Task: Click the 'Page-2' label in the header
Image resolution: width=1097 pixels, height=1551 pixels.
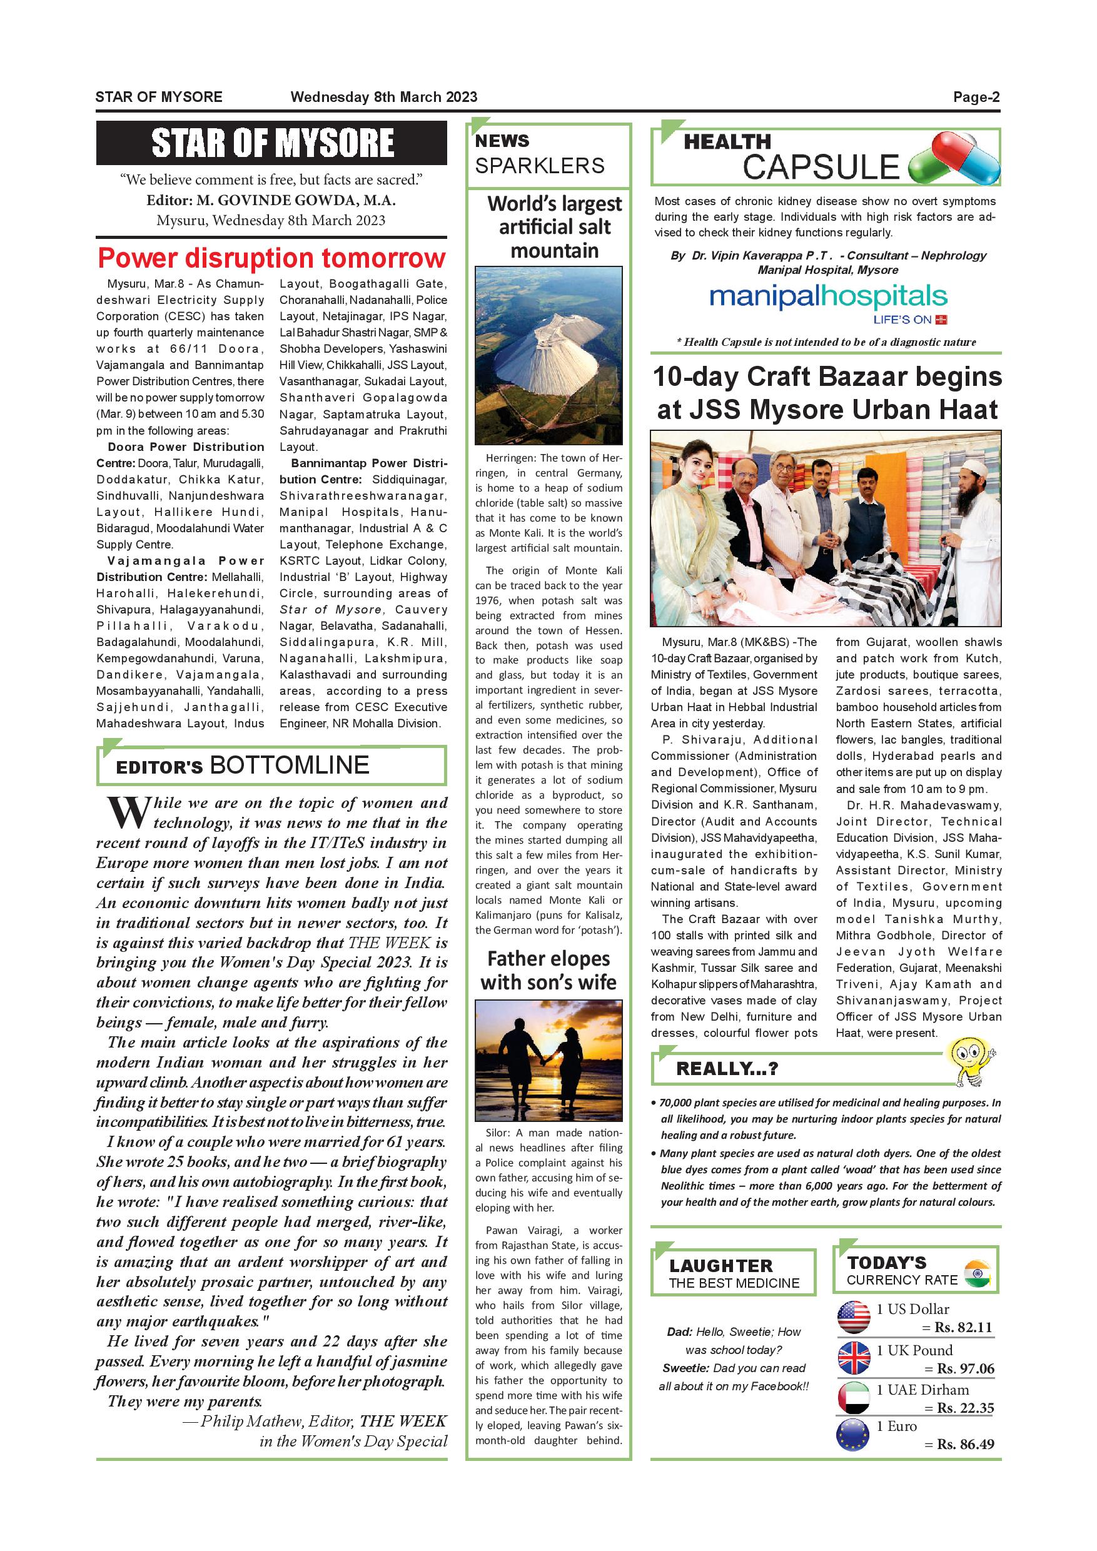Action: (976, 96)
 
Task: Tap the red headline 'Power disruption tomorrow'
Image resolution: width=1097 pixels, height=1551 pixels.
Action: (271, 259)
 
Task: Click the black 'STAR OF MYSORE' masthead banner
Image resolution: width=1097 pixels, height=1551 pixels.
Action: (271, 143)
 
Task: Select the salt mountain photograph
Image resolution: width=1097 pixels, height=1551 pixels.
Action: (548, 355)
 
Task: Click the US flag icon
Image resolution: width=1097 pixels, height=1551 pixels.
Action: (854, 1317)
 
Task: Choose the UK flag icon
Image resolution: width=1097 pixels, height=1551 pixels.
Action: (854, 1358)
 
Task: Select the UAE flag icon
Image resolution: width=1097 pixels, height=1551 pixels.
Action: (854, 1398)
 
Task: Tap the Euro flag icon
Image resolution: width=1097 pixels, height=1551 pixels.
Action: (854, 1435)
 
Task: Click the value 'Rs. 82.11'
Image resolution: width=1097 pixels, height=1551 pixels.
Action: (963, 1327)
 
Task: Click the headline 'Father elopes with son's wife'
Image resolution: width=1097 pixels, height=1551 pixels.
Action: (548, 970)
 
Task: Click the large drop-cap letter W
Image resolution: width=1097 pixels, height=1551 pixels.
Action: (126, 813)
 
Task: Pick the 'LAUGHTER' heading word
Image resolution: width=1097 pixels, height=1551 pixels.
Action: (720, 1266)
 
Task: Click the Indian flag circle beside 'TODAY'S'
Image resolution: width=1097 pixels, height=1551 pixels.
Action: (978, 1273)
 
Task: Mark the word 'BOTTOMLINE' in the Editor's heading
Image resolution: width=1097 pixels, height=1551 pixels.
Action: (290, 765)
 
